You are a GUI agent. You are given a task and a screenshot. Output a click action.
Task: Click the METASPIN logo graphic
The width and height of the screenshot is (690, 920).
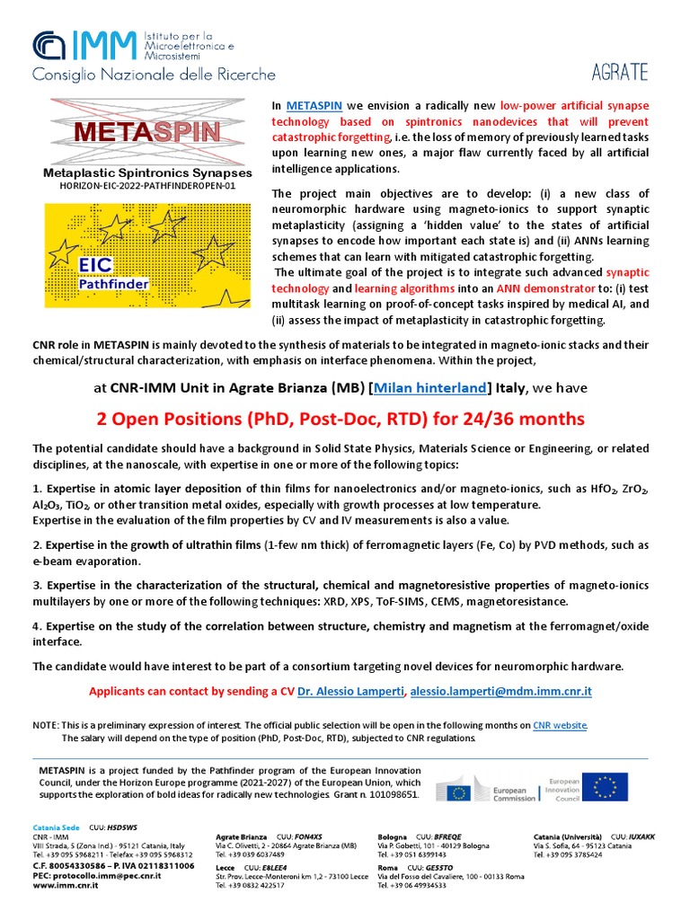pyautogui.click(x=147, y=131)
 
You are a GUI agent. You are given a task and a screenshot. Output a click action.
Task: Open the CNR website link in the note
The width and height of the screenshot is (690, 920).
pyautogui.click(x=560, y=724)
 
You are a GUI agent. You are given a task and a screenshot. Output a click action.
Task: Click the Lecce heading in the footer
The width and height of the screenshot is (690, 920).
pyautogui.click(x=226, y=868)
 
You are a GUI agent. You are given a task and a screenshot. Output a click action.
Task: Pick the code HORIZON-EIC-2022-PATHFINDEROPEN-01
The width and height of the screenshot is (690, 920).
pyautogui.click(x=147, y=186)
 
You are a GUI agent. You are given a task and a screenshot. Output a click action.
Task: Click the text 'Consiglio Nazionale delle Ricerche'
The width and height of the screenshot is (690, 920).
pyautogui.click(x=154, y=75)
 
